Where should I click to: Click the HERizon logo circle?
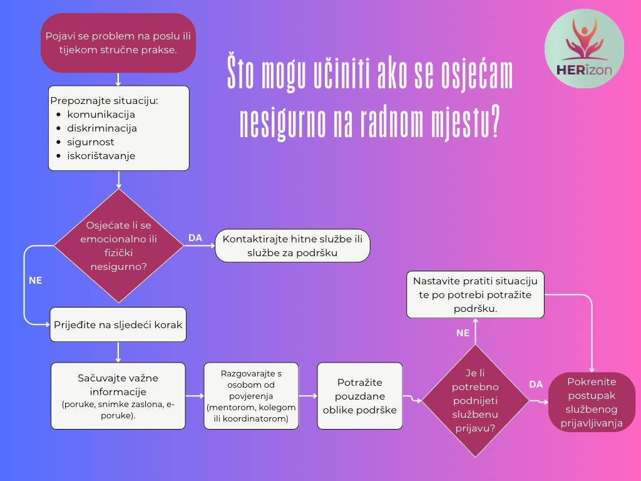click(585, 49)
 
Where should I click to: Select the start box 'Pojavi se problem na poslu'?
click(118, 43)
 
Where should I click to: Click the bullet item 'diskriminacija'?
click(102, 128)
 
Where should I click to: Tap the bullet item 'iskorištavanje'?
click(101, 156)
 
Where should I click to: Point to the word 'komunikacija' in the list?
click(101, 115)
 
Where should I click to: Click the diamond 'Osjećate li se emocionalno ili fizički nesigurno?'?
click(118, 246)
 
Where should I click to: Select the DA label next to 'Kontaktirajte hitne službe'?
click(195, 238)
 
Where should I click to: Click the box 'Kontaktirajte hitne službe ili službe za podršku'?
click(293, 246)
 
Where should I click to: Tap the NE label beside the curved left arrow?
click(36, 281)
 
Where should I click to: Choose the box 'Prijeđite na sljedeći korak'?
click(118, 325)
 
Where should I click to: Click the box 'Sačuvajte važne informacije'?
click(118, 396)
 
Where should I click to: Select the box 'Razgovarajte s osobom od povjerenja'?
click(252, 396)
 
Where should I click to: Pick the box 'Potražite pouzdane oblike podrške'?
click(360, 396)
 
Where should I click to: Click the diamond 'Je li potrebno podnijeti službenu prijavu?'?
click(476, 401)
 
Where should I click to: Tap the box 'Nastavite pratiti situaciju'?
click(476, 294)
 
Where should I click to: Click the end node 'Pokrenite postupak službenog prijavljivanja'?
click(592, 402)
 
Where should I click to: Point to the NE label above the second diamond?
click(463, 333)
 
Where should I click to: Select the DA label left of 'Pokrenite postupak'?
click(536, 385)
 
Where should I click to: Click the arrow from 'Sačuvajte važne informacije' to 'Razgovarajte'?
click(195, 396)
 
